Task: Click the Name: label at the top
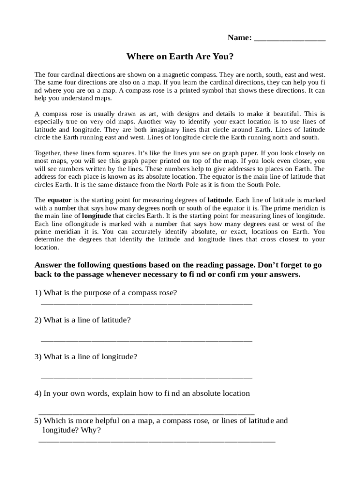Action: (239, 37)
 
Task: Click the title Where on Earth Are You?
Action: (180, 57)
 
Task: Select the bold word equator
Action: (59, 200)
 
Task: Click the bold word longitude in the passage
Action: (96, 216)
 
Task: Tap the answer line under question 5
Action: (157, 441)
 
